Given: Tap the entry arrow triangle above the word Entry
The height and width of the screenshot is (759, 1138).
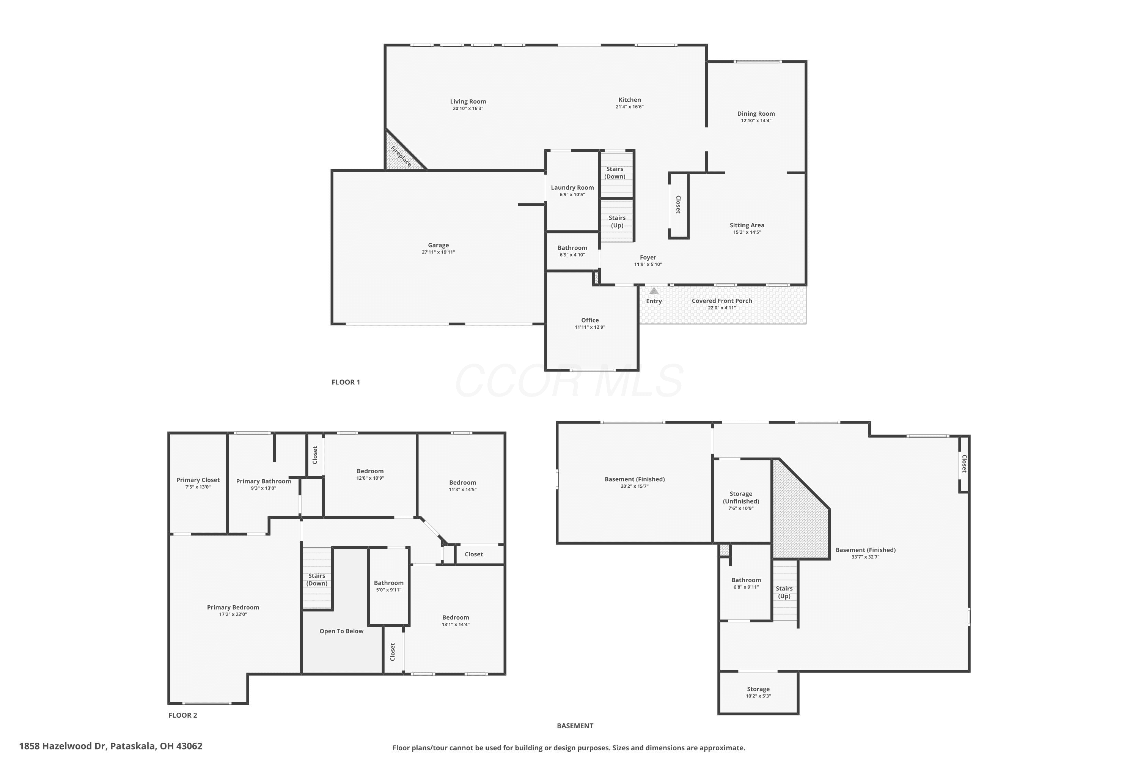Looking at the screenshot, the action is tap(654, 291).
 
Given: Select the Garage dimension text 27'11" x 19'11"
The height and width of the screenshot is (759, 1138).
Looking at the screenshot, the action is tap(439, 252).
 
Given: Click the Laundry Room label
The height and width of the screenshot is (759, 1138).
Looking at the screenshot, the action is tap(572, 188).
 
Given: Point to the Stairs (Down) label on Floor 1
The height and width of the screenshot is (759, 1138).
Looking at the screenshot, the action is tap(615, 173).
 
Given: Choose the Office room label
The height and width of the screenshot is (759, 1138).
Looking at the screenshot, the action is tap(590, 320).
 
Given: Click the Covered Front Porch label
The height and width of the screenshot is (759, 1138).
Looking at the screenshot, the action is tap(722, 301).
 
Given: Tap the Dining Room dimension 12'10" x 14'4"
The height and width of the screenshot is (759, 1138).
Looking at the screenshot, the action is tap(756, 121).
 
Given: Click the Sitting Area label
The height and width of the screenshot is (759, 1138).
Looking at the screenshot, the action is tap(747, 225).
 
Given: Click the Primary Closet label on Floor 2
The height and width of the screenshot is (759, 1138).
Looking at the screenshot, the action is tap(198, 480).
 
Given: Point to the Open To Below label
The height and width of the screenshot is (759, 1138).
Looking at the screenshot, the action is tap(342, 631).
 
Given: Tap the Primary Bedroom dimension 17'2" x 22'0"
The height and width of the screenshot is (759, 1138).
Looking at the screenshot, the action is tap(233, 615).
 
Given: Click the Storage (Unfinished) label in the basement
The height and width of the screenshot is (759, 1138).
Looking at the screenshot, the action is tap(741, 498).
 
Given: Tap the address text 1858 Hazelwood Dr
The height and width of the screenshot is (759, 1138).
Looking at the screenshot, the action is tap(63, 746).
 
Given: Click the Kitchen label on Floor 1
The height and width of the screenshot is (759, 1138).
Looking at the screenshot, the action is tap(629, 100).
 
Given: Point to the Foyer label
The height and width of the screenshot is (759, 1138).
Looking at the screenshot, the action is tap(648, 258).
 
